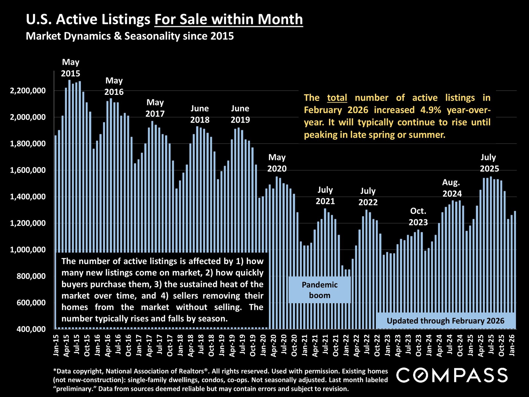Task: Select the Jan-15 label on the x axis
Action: pos(56,345)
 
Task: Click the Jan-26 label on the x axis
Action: pos(512,345)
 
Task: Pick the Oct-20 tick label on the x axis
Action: pos(294,345)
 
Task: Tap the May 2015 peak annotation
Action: pos(71,68)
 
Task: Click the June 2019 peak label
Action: pos(240,114)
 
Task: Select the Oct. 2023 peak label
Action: pos(418,217)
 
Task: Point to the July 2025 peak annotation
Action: pos(489,163)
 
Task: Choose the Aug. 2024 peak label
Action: pos(452,188)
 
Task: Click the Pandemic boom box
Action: pos(320,290)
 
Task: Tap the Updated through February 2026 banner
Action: pos(446,321)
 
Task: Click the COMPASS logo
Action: pos(452,375)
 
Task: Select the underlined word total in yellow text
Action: pos(337,98)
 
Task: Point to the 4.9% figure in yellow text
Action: pos(431,110)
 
